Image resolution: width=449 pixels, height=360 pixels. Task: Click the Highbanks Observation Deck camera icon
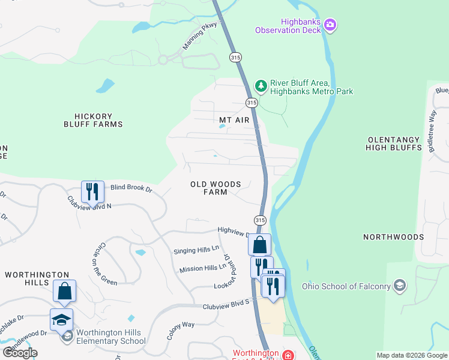tap(330, 25)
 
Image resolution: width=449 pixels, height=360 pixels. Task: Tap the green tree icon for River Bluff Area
tap(261, 86)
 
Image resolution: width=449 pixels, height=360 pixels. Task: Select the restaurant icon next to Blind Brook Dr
tap(92, 191)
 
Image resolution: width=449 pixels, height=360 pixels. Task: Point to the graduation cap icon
tap(61, 320)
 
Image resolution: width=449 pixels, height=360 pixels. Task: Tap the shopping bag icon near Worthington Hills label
tap(64, 291)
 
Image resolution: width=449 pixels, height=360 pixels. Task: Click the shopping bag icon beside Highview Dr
tap(259, 245)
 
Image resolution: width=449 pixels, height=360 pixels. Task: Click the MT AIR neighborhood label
tap(234, 120)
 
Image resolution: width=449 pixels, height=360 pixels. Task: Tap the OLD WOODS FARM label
tap(215, 188)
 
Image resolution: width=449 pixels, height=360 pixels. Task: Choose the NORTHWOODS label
tap(393, 237)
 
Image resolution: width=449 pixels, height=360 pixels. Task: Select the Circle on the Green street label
tap(106, 264)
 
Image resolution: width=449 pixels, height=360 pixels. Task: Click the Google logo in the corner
tap(20, 353)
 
